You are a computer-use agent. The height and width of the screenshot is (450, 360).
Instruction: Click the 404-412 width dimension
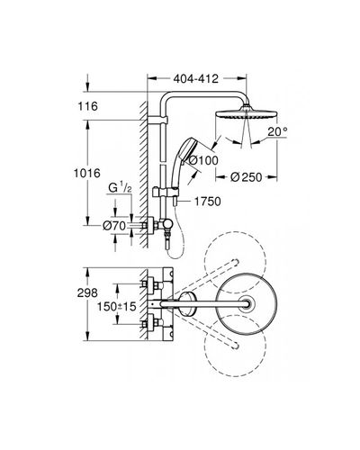point(196,79)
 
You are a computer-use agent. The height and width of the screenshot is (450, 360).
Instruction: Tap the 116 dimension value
point(88,106)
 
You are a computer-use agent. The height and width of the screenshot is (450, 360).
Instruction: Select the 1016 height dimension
point(87,174)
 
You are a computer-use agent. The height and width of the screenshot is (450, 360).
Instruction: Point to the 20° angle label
point(277,131)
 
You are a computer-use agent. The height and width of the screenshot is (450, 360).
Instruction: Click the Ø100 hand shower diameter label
point(203,160)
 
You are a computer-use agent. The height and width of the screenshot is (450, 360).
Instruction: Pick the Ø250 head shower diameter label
point(246,177)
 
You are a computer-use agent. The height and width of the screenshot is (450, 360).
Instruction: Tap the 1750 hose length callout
point(208,202)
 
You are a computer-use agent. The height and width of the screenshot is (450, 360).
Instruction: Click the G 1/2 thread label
point(120,188)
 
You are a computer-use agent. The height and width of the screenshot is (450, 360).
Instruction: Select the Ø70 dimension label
point(114,226)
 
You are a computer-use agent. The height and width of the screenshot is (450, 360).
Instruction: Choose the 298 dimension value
point(87,292)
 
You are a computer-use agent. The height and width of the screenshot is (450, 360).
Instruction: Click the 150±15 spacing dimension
point(117,307)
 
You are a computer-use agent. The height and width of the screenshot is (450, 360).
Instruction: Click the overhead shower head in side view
point(247,112)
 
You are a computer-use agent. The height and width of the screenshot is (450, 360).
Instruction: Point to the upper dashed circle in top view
point(235,231)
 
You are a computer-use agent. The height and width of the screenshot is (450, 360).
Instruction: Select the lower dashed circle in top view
point(235,376)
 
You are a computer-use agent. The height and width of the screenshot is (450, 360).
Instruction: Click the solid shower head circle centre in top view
point(247,303)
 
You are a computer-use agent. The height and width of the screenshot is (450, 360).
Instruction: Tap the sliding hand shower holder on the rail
point(166,192)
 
